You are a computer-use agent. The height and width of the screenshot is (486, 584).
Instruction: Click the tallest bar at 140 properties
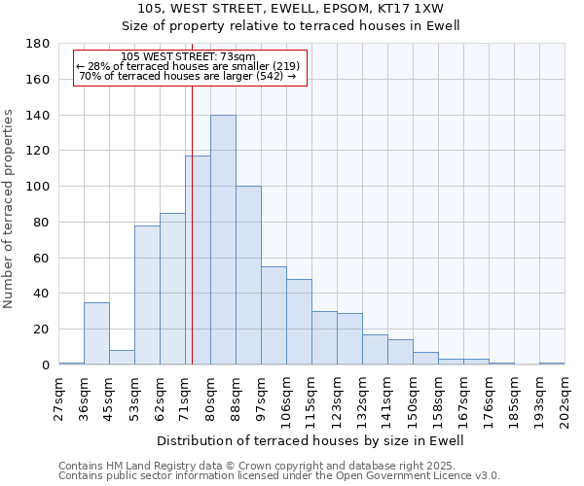223,240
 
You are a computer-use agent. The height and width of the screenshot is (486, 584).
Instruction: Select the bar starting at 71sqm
198,260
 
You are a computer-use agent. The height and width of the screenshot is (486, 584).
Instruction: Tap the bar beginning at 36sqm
96,333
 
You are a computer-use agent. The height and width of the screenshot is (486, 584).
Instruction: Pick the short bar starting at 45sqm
122,357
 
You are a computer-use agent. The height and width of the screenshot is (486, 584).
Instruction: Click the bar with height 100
248,275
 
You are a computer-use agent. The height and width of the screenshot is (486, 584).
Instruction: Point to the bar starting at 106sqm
299,322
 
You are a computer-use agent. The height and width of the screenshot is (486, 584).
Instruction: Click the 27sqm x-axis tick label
59,398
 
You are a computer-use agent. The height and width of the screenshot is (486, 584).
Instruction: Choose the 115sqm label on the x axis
311,398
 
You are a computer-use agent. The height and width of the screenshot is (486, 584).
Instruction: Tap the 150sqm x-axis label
413,398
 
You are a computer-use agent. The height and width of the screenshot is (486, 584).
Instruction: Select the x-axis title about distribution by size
310,440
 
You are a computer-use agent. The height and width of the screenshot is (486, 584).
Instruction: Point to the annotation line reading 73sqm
190,57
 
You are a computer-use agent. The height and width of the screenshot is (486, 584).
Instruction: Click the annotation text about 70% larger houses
187,76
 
